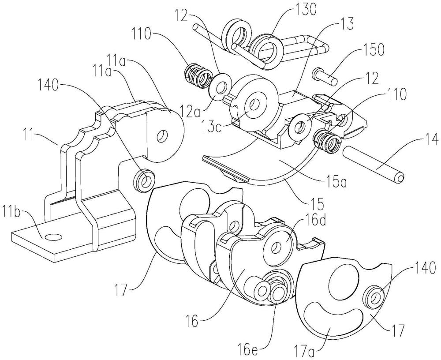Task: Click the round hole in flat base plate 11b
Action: [x=53, y=237]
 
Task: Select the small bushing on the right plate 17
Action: [x=372, y=298]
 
